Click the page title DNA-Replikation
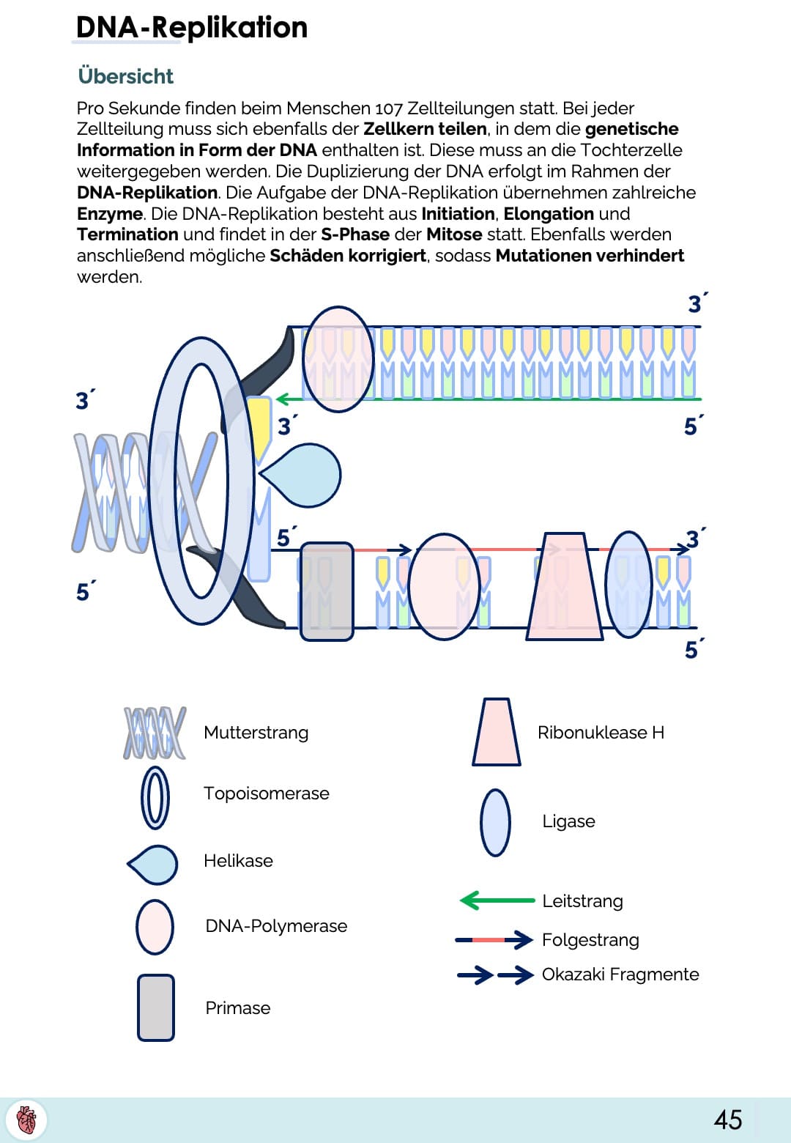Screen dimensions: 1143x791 pos(191,28)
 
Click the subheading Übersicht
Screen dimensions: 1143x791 pos(125,76)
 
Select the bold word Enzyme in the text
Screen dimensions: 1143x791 pos(110,214)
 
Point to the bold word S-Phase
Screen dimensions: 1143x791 pos(355,234)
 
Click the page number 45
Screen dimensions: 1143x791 pos(728,1120)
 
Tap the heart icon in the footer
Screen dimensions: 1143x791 pos(26,1120)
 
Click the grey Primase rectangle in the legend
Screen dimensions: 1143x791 pos(156,1007)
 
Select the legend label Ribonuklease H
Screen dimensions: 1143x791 pos(601,733)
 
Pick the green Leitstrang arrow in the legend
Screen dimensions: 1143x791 pos(497,900)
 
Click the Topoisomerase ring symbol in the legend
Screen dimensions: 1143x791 pos(155,798)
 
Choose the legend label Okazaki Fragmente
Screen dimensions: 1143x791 pos(620,974)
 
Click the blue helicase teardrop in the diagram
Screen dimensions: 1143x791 pos(304,475)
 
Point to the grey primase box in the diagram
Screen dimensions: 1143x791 pos(327,591)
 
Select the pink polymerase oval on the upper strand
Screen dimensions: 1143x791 pos(338,359)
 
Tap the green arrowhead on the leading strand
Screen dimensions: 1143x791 pos(281,399)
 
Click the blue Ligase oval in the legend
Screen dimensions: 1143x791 pos(495,822)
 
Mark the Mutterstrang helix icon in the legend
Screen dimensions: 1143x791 pos(155,732)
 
